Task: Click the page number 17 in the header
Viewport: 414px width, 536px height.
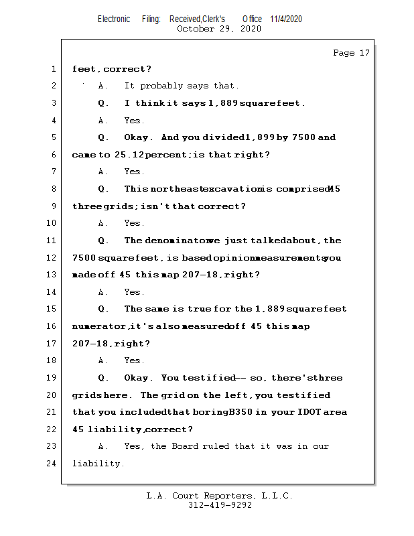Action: coord(364,53)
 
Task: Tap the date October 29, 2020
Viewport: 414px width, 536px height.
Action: coord(219,29)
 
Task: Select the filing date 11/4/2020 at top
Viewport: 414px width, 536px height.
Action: coord(286,19)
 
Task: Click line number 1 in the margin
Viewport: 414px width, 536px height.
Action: coord(52,69)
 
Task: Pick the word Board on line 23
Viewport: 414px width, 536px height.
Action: coord(185,446)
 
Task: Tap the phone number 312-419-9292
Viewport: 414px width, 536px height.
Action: coord(220,505)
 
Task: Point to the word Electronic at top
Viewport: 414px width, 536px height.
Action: coord(114,19)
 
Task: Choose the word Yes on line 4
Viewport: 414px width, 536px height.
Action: coord(134,121)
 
